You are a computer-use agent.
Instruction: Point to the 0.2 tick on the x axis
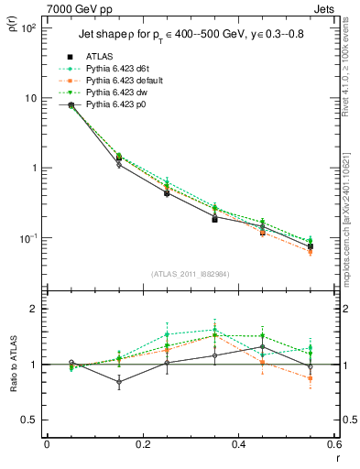pyautogui.click(x=142, y=445)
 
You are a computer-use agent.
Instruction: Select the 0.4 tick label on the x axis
pyautogui.click(x=238, y=445)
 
